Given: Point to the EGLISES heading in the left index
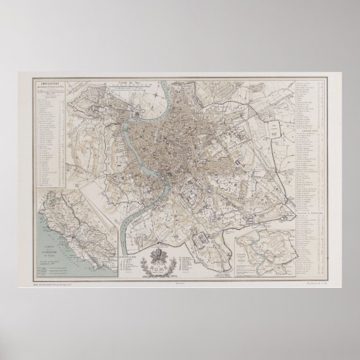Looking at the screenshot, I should (x=47, y=94).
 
